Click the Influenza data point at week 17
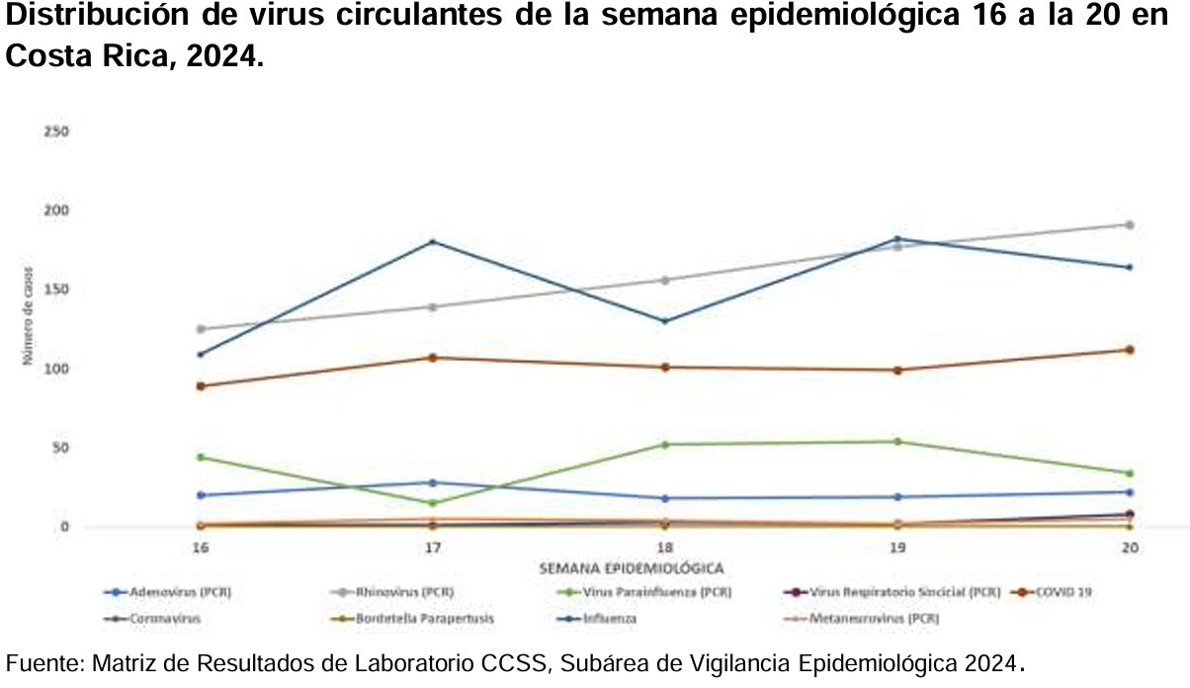(x=432, y=241)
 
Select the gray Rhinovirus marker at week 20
(x=1130, y=224)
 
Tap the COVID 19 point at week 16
(x=201, y=386)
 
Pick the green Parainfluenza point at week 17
(x=432, y=503)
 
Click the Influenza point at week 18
(x=665, y=321)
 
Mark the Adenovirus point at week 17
(x=432, y=482)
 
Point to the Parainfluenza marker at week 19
(x=897, y=441)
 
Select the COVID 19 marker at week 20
(x=1130, y=350)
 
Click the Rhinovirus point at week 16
(x=201, y=328)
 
